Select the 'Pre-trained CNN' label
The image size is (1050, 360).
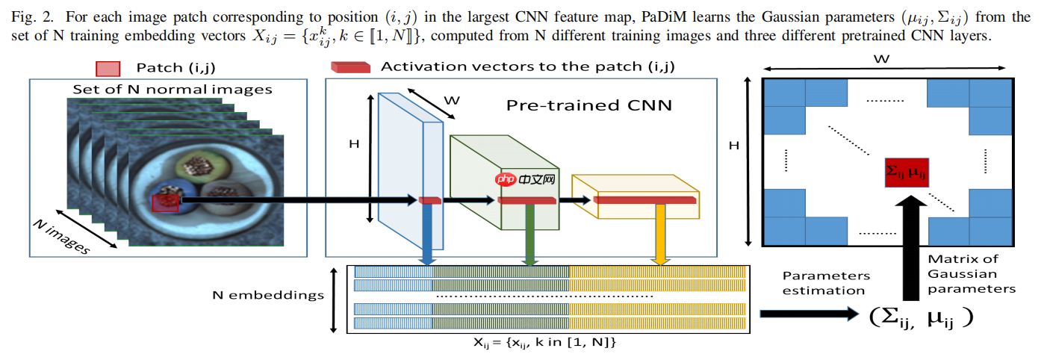tap(588, 105)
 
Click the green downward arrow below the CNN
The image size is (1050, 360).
tap(530, 234)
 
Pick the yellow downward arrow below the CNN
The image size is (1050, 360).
tap(660, 234)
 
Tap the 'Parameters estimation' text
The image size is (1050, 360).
tap(825, 283)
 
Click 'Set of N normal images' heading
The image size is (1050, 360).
tap(172, 90)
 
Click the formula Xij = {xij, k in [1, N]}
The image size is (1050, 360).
tap(544, 342)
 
